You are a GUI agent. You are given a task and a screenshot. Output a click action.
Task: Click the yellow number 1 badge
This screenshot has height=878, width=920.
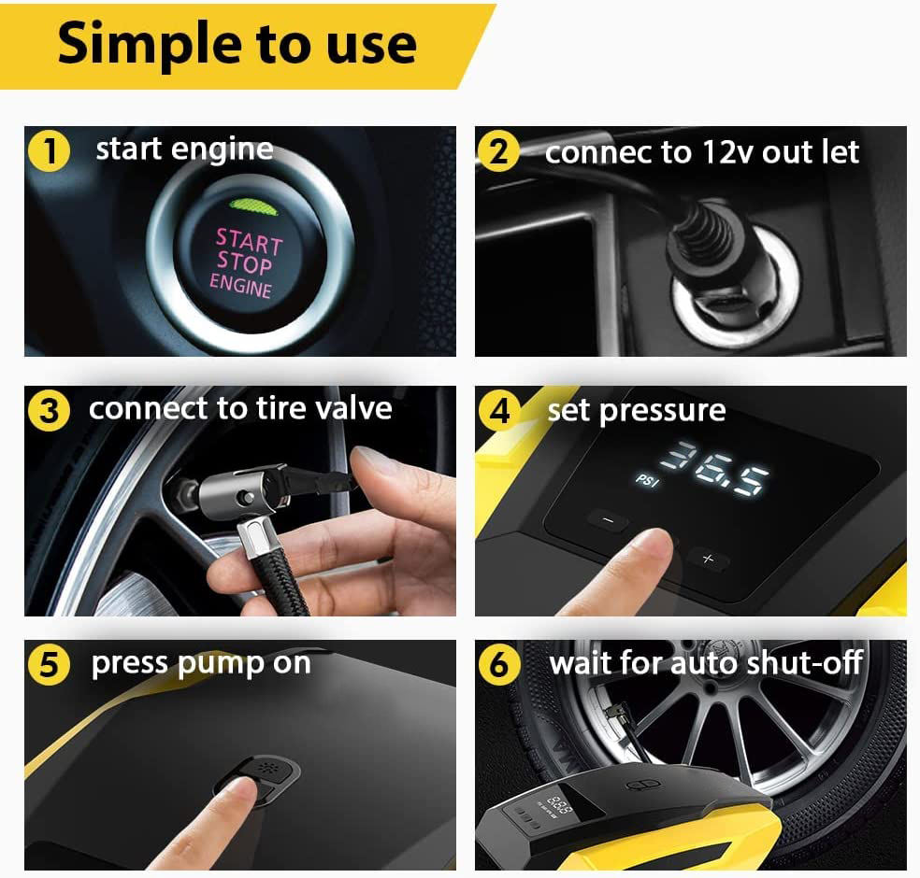[50, 150]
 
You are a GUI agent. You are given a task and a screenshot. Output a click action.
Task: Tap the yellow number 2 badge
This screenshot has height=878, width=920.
[498, 151]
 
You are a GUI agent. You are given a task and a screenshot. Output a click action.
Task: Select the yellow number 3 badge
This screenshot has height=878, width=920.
[50, 410]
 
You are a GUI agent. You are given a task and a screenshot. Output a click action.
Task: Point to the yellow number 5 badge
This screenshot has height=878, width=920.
[50, 665]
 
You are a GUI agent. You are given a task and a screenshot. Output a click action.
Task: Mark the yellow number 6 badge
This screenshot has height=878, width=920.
[499, 665]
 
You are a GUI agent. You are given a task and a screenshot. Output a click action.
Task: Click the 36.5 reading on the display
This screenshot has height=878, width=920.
[714, 467]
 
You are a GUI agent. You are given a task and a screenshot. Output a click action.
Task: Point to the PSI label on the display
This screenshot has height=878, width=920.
[647, 481]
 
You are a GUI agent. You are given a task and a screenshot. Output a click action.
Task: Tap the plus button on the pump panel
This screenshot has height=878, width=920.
[709, 559]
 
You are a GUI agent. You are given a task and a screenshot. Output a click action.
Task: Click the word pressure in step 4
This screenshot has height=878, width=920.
[663, 412]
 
